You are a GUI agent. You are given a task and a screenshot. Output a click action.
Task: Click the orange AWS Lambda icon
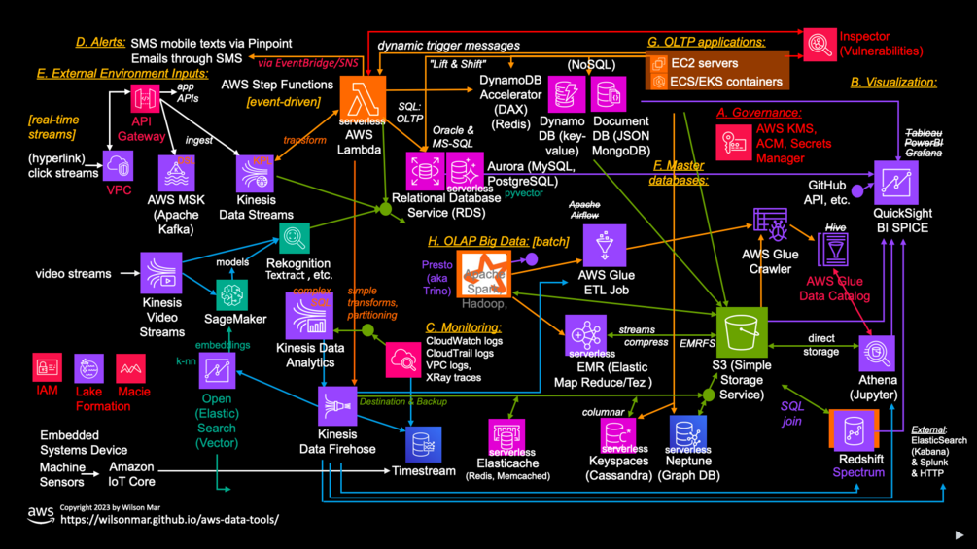[x=363, y=100]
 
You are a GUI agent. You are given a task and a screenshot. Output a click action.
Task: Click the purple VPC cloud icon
[x=119, y=166]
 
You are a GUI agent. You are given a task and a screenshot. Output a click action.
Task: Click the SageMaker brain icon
[x=232, y=294]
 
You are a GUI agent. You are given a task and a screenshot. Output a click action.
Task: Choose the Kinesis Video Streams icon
[x=160, y=273]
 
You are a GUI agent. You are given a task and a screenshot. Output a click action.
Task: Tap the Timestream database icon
[x=423, y=445]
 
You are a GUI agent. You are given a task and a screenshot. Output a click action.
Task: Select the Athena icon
[x=877, y=353]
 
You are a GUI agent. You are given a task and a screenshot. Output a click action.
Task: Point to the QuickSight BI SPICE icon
[x=895, y=183]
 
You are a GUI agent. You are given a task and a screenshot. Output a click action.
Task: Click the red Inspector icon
[x=819, y=44]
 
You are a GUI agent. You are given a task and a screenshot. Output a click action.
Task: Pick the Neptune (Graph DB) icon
[x=687, y=434]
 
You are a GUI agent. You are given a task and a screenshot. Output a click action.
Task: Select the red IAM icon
[x=48, y=368]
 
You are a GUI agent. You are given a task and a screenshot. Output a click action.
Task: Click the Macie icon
[x=131, y=368]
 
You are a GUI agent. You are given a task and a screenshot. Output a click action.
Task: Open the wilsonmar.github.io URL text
[x=169, y=520]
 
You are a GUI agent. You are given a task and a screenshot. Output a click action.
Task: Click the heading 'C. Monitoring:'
[x=463, y=327]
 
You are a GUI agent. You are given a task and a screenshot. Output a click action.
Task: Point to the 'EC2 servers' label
[x=705, y=63]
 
